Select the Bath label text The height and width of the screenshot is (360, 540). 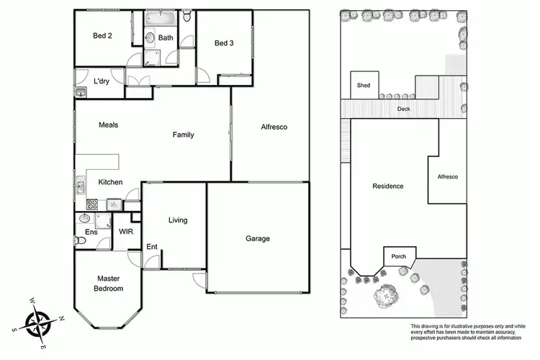[166, 38]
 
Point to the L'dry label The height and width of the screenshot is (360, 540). [102, 81]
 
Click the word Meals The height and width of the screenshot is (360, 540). [108, 125]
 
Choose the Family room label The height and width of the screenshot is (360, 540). [183, 135]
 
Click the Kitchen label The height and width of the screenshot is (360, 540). [110, 182]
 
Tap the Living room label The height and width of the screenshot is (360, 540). [179, 220]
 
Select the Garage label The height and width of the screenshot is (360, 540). [257, 238]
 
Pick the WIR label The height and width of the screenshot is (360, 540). [125, 232]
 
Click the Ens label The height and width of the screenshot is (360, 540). [91, 232]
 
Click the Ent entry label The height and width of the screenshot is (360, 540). [152, 247]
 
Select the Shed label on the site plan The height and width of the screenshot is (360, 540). [364, 86]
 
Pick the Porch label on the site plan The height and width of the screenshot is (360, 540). [398, 256]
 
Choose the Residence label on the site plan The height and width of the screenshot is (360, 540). [387, 186]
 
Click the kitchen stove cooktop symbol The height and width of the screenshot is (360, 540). [92, 204]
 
